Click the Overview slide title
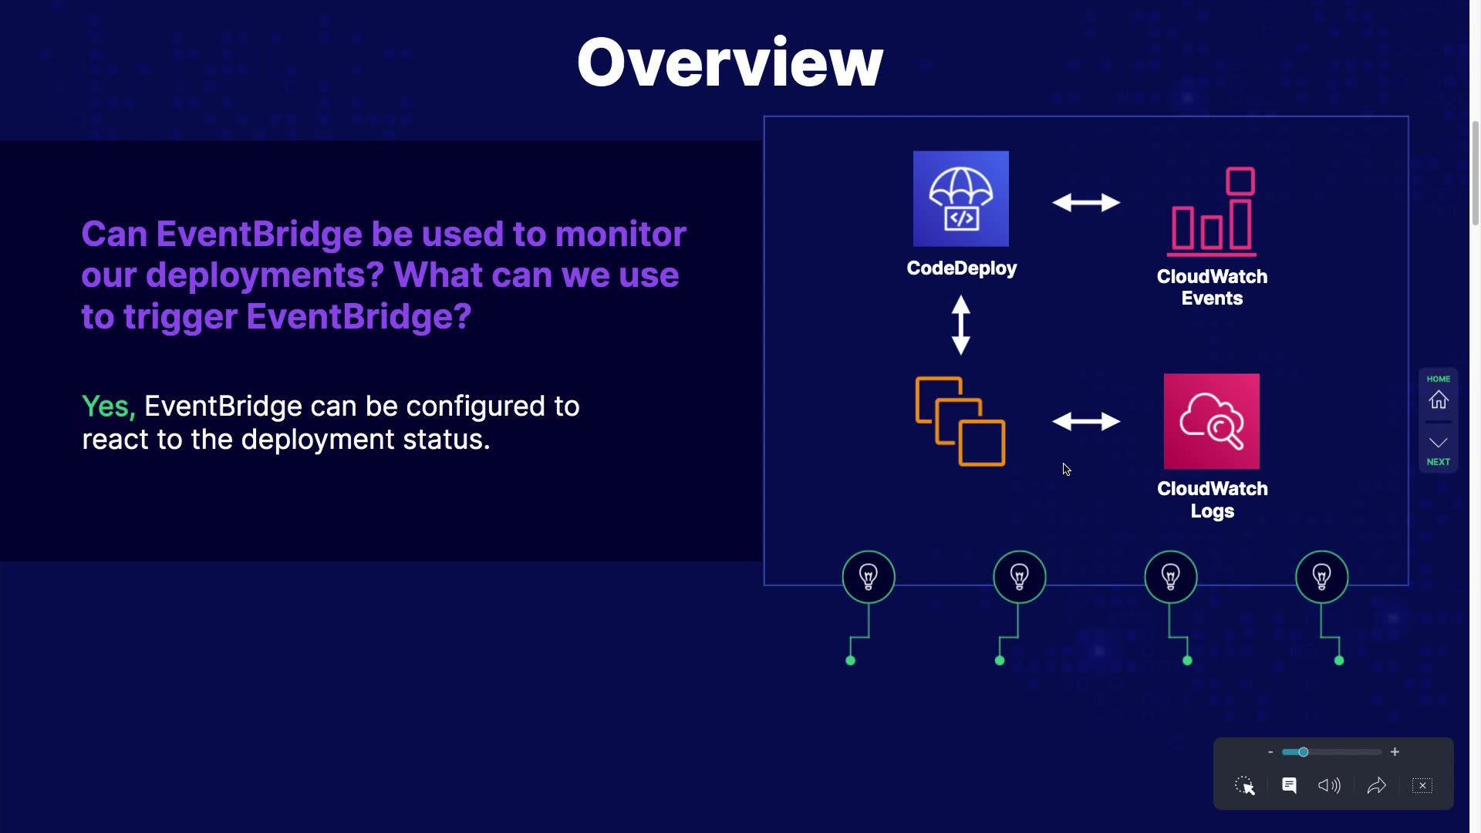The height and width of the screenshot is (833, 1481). point(730,62)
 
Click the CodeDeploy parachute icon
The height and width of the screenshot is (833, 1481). point(961,199)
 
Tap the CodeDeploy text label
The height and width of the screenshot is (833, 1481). point(962,268)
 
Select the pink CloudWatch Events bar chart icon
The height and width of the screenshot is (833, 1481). point(1213,211)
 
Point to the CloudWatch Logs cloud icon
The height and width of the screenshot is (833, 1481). point(1212,421)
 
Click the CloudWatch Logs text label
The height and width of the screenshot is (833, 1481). point(1213,500)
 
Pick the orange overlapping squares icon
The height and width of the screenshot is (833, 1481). point(960,421)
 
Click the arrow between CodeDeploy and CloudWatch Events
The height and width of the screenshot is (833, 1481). point(1086,202)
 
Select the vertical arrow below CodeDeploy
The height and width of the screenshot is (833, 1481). point(961,325)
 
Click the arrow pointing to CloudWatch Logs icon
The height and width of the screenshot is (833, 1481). point(1086,421)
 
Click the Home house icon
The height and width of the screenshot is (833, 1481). point(1439,400)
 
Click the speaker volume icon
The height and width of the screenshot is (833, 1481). point(1329,785)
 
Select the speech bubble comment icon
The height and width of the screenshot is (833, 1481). point(1289,785)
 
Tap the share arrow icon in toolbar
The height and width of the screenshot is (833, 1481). point(1377,785)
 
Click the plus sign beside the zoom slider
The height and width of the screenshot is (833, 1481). point(1395,752)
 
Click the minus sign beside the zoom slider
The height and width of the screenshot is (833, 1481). point(1270,752)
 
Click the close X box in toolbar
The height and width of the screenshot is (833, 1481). point(1422,785)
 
